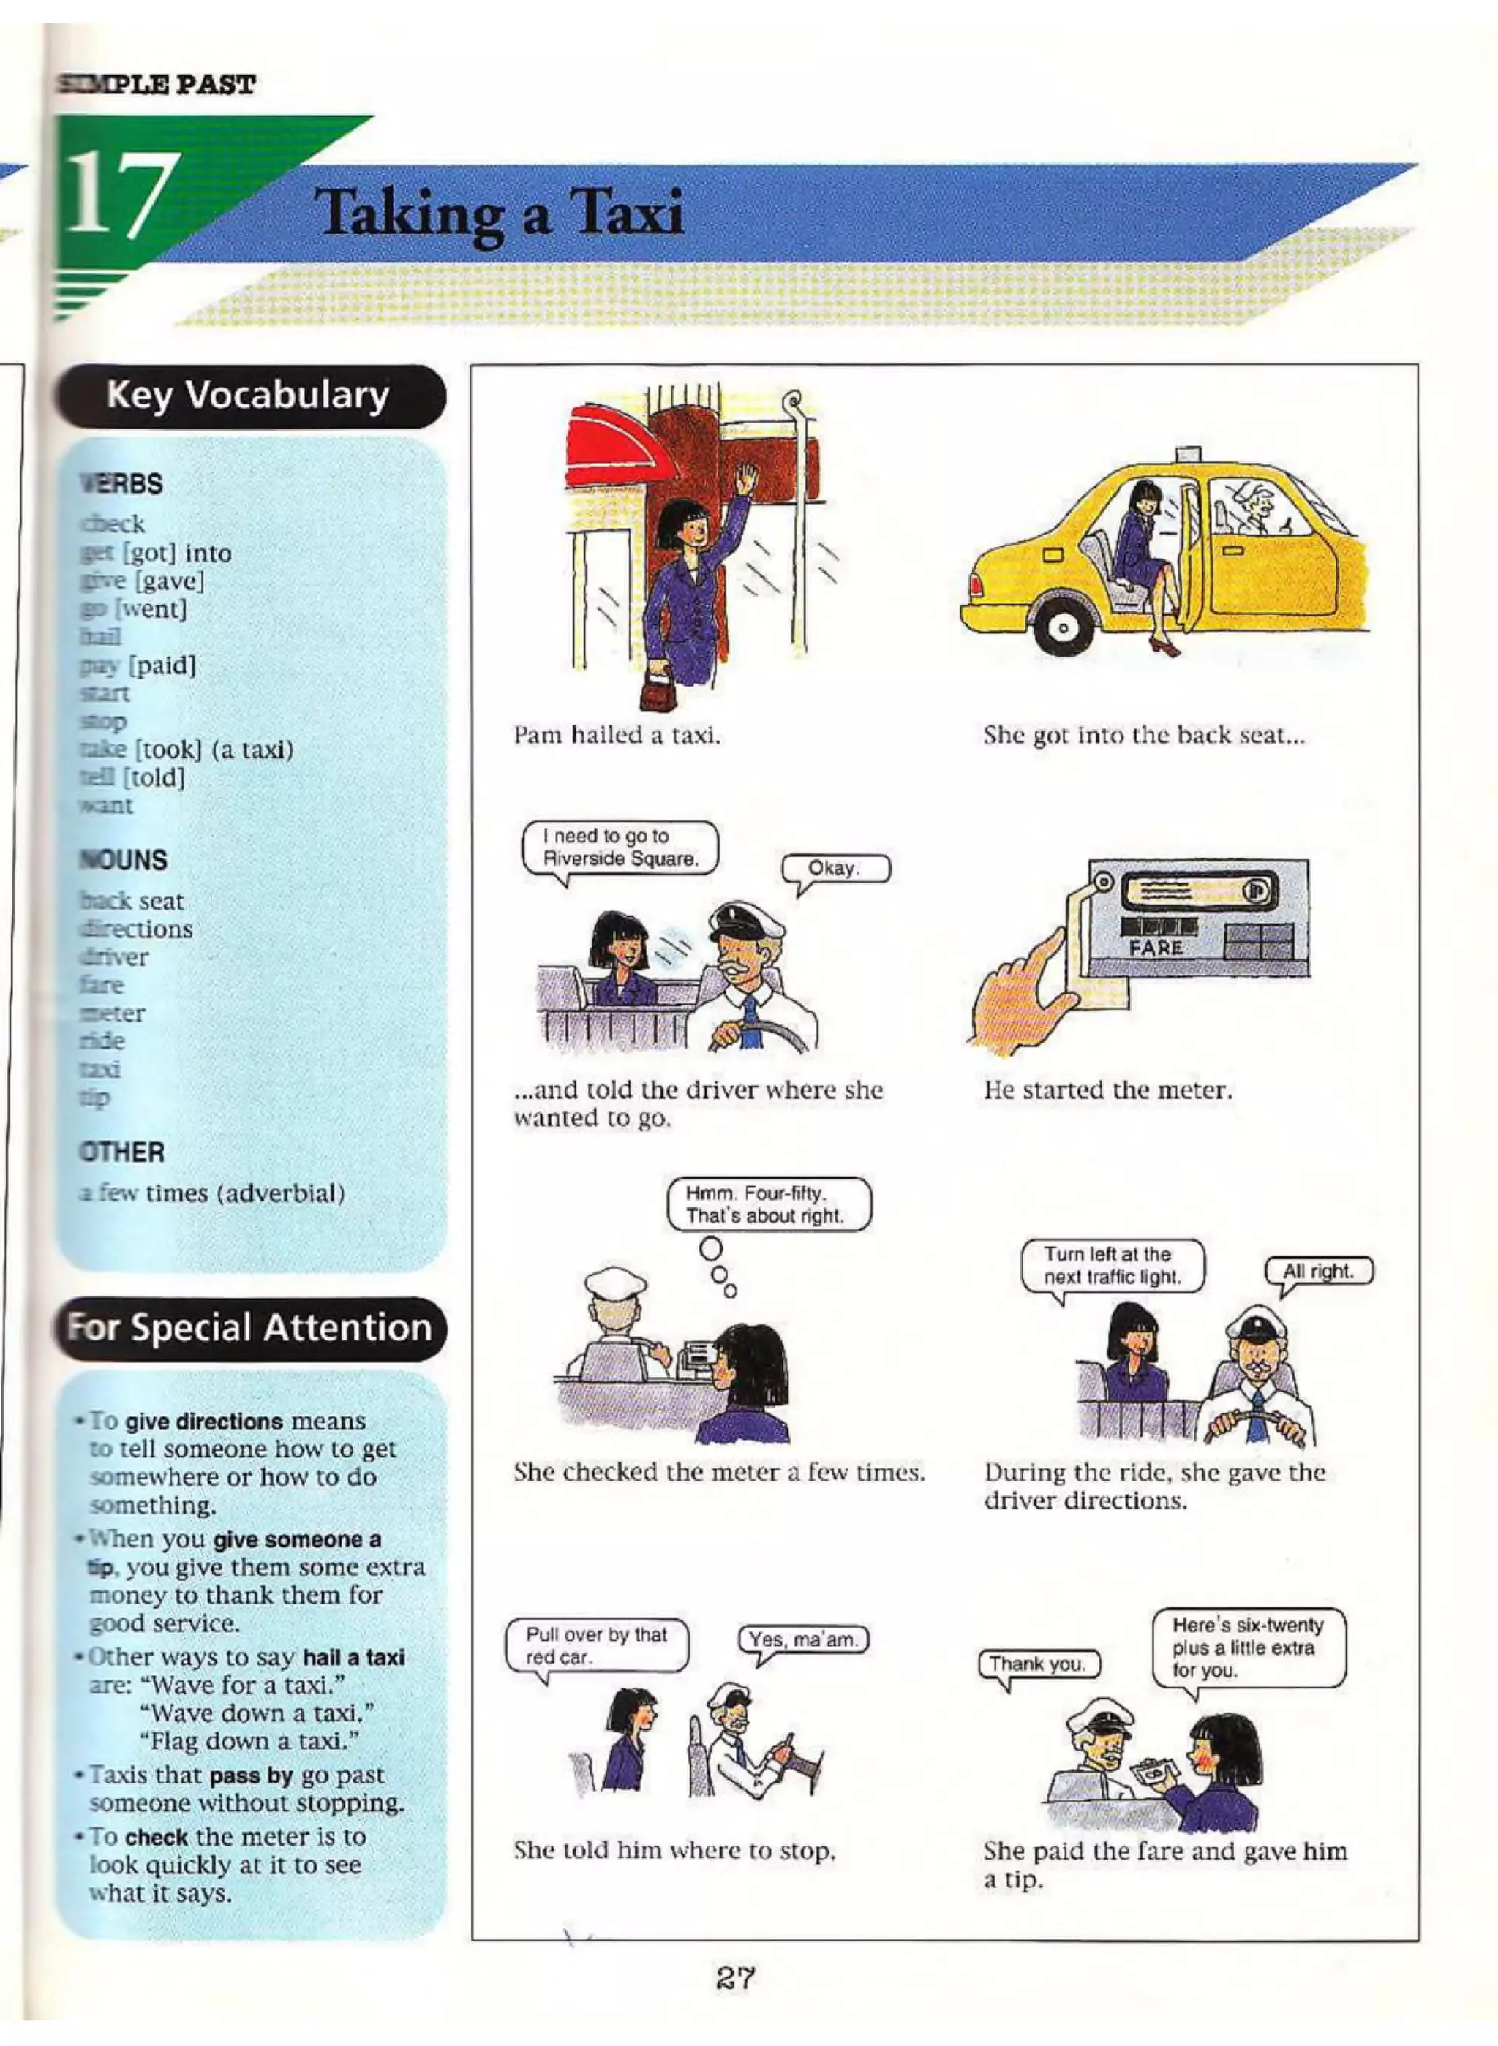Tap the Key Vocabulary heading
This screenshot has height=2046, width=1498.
pyautogui.click(x=247, y=396)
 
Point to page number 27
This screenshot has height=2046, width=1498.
pyautogui.click(x=734, y=1977)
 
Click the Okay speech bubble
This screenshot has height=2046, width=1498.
pyautogui.click(x=835, y=869)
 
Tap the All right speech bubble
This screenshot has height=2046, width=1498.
pyautogui.click(x=1319, y=1272)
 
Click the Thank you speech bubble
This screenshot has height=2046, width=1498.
pyautogui.click(x=1038, y=1664)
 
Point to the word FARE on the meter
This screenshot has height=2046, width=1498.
pyautogui.click(x=1156, y=948)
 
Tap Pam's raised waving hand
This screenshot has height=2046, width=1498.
pyautogui.click(x=745, y=477)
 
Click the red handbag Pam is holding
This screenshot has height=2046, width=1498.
pyautogui.click(x=655, y=692)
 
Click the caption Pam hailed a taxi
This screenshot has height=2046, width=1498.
pyautogui.click(x=617, y=735)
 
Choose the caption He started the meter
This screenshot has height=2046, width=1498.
pyautogui.click(x=1108, y=1090)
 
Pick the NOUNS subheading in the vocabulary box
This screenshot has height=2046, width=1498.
pyautogui.click(x=124, y=860)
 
